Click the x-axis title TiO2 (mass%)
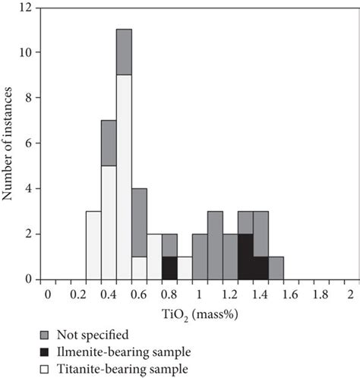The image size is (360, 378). pos(198,313)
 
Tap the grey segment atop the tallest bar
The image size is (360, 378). pos(124,52)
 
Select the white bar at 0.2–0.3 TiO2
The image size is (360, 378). pos(93,245)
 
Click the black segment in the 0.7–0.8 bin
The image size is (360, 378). pos(169,268)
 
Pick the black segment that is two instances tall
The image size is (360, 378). pos(245,257)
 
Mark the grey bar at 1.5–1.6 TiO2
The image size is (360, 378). pos(276,268)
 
